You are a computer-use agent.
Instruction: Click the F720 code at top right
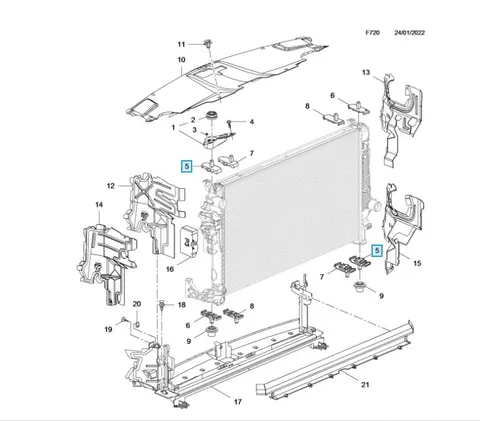[x=372, y=33]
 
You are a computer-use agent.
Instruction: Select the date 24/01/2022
[x=410, y=33]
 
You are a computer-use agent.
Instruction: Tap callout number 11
[x=181, y=44]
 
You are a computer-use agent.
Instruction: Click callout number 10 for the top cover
[x=181, y=60]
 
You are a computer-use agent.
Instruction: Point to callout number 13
[x=366, y=72]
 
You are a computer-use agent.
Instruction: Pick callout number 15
[x=417, y=263]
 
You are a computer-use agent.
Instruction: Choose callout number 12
[x=111, y=186]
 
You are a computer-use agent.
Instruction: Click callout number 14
[x=99, y=204]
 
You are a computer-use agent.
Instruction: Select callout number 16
[x=170, y=269]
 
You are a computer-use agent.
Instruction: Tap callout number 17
[x=237, y=402]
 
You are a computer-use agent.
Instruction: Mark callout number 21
[x=365, y=385]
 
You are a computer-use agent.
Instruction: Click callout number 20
[x=137, y=304]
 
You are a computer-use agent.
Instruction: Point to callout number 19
[x=108, y=329]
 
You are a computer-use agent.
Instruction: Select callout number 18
[x=181, y=305]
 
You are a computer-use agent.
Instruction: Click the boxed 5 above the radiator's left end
[x=187, y=166]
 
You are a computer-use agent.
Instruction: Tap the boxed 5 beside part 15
[x=377, y=251]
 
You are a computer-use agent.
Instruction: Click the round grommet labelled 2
[x=211, y=116]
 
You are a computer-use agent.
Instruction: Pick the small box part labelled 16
[x=189, y=241]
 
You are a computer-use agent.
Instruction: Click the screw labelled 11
[x=208, y=43]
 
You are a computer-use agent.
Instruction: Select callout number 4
[x=252, y=122]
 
